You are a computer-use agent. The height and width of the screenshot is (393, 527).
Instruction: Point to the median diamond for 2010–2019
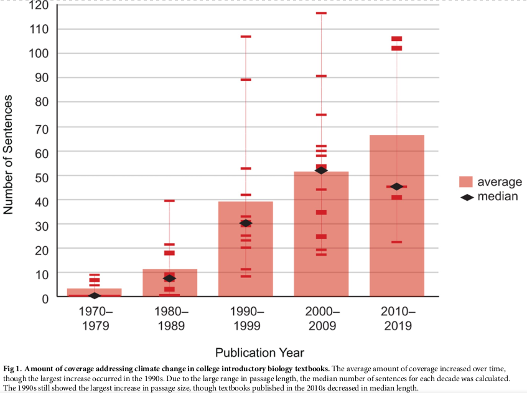tap(397, 187)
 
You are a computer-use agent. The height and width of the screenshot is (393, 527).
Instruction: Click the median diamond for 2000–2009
tap(321, 170)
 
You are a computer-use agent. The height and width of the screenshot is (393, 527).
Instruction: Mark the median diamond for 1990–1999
tap(245, 223)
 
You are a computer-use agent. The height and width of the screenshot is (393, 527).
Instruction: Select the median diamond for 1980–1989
tap(169, 278)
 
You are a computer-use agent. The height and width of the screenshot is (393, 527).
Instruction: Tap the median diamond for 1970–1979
tap(94, 295)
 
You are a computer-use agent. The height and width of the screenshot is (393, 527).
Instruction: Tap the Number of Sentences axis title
tap(9, 155)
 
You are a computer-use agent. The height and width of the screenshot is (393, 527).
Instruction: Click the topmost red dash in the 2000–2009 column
tap(321, 13)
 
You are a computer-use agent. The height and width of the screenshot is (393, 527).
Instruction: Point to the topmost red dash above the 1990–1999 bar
tap(245, 37)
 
